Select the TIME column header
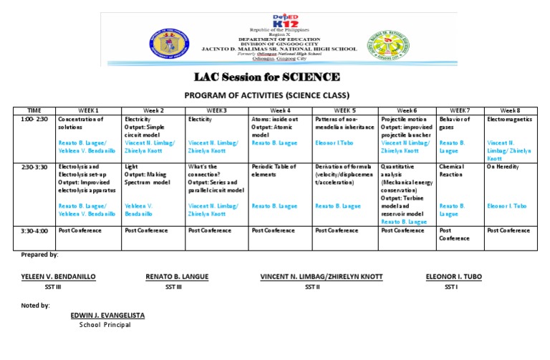(x=34, y=110)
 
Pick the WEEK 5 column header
(x=344, y=110)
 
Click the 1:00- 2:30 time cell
(x=34, y=119)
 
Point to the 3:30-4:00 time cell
(x=34, y=230)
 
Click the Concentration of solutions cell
(x=81, y=122)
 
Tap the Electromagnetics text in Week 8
(x=508, y=119)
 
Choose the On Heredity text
(x=502, y=167)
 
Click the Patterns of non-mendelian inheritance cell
(x=344, y=122)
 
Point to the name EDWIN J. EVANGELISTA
(x=109, y=315)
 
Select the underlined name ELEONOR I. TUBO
(x=455, y=276)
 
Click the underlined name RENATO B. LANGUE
(x=173, y=276)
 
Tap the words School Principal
(x=105, y=324)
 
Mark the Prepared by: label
(x=39, y=254)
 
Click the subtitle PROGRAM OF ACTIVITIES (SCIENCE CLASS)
(x=267, y=95)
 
